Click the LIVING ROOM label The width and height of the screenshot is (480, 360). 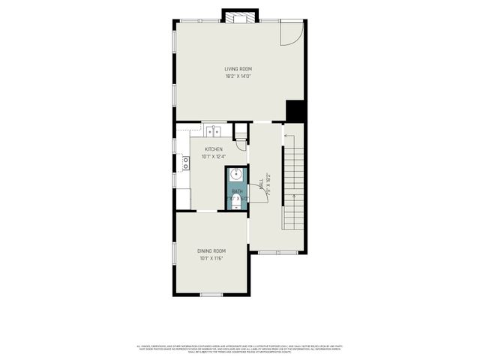click(238, 69)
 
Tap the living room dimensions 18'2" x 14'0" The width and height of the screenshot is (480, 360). click(238, 76)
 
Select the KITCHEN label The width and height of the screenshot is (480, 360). click(212, 149)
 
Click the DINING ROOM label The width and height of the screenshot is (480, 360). click(211, 250)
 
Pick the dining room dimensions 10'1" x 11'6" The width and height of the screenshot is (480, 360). click(211, 259)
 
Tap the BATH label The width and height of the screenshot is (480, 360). click(237, 191)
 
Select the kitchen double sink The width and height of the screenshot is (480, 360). click(214, 132)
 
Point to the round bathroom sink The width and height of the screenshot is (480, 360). click(237, 175)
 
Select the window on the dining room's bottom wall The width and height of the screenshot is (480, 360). click(211, 294)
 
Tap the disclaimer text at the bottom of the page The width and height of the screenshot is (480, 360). click(239, 348)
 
